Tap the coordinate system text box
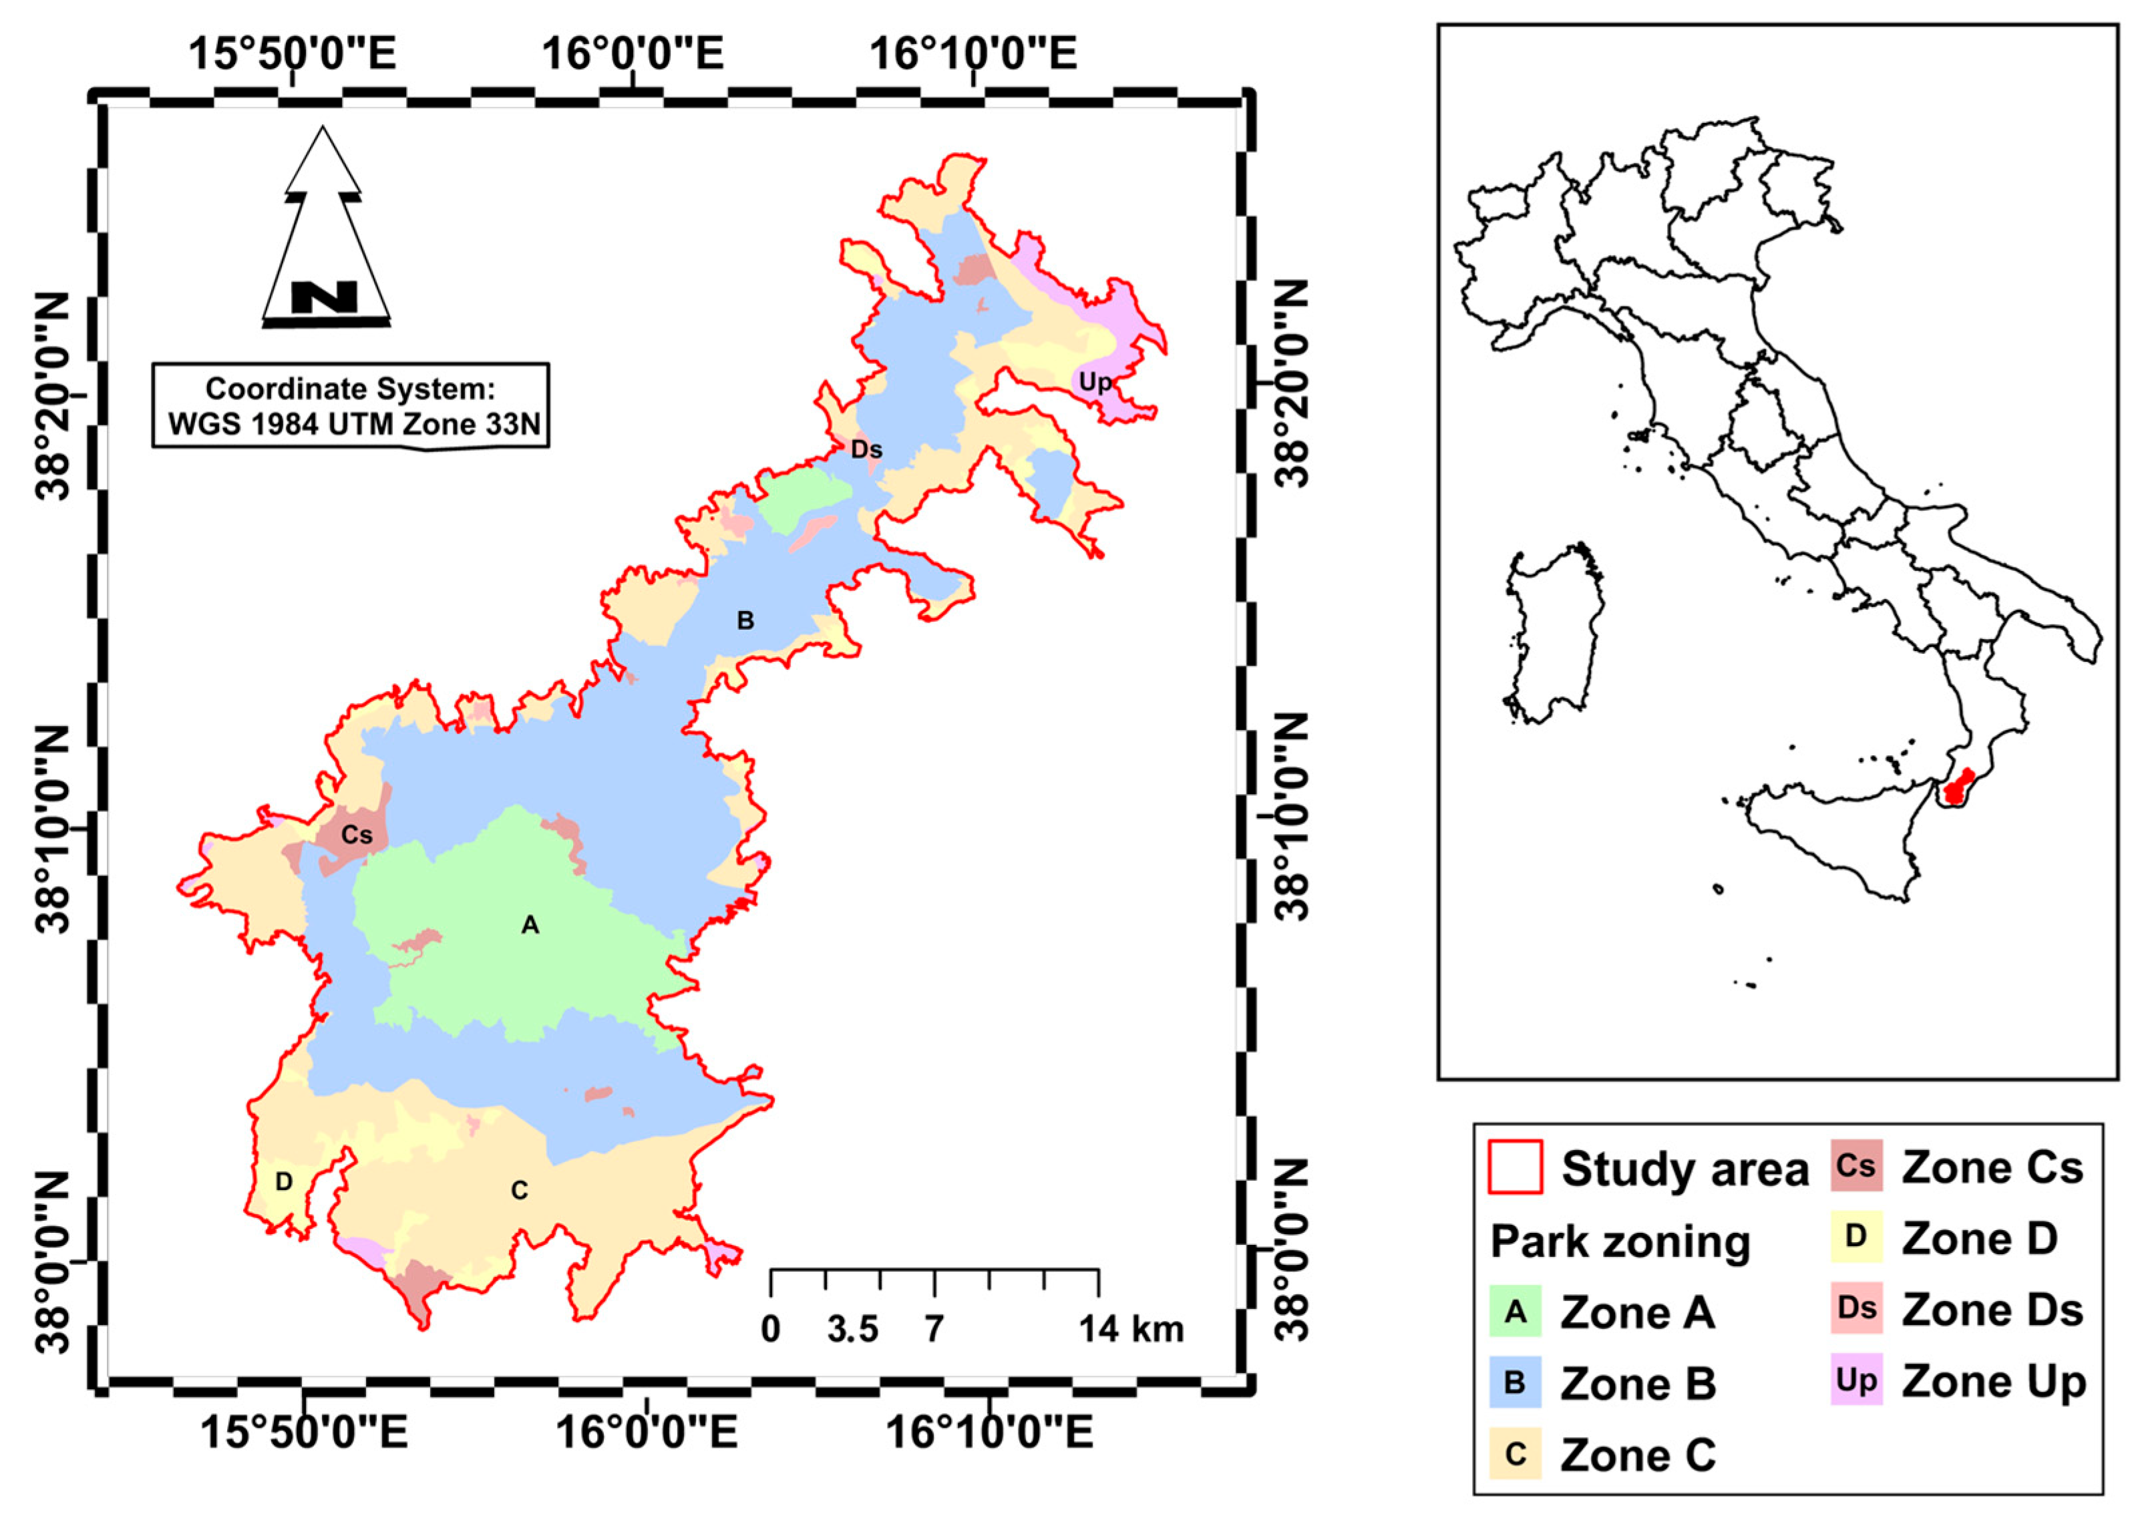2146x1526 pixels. (351, 406)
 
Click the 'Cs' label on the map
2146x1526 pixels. (356, 834)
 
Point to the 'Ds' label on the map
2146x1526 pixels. (866, 450)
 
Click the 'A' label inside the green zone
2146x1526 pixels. (530, 926)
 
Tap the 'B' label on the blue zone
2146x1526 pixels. (745, 620)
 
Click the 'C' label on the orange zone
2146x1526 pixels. (519, 1191)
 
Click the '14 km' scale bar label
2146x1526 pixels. (1130, 1330)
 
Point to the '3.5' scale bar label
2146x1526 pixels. (852, 1330)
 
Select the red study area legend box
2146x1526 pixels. (1515, 1167)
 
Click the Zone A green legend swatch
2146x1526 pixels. (1515, 1311)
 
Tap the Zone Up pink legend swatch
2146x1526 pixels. (1855, 1380)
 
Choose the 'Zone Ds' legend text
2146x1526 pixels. (1992, 1310)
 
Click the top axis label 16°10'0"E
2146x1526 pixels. (972, 53)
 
